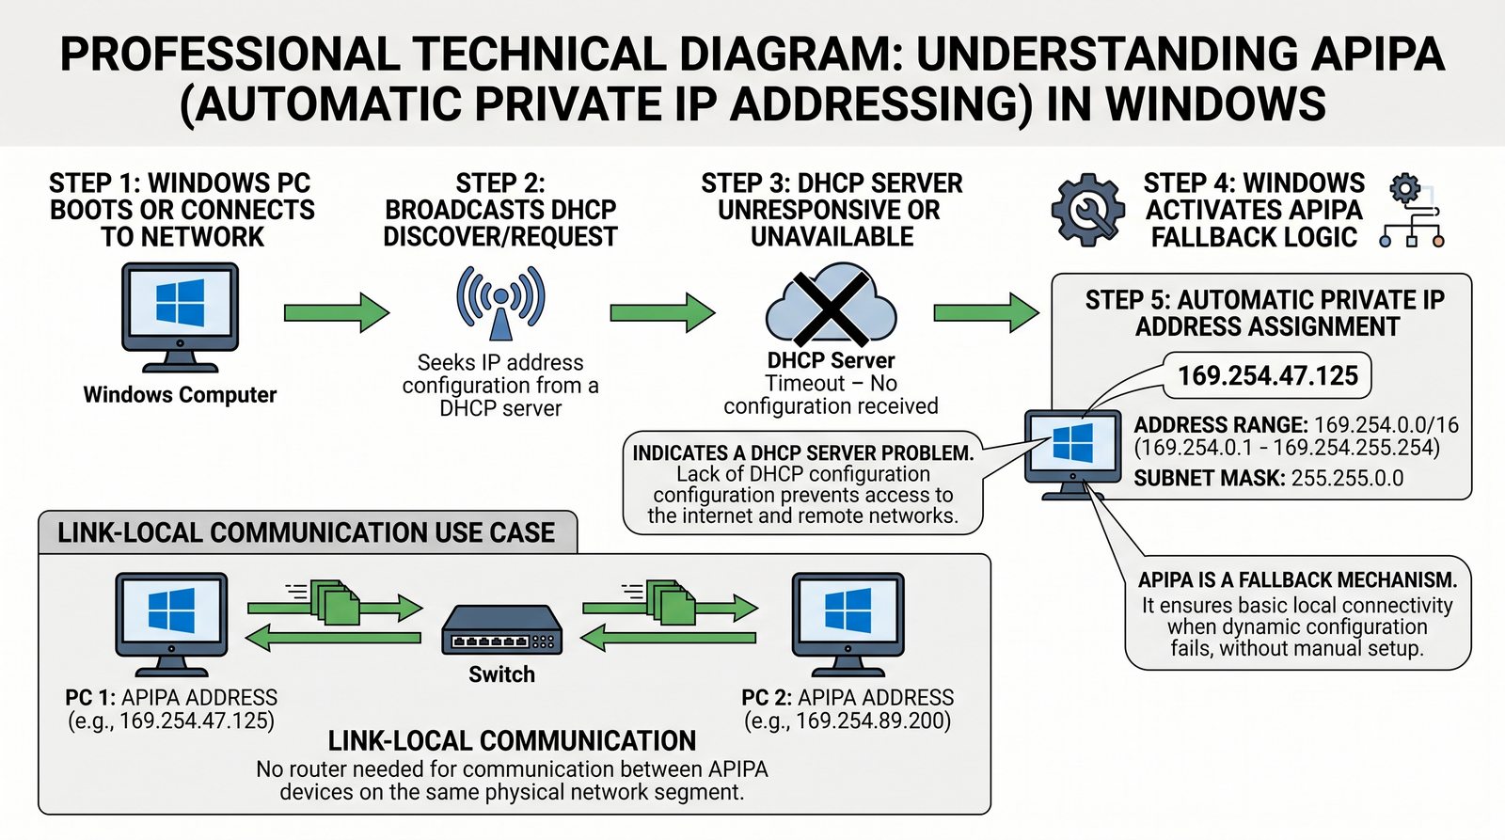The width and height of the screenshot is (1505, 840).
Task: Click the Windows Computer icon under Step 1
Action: click(180, 316)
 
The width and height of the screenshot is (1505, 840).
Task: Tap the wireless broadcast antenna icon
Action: click(500, 302)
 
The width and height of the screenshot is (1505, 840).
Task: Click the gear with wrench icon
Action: click(1087, 209)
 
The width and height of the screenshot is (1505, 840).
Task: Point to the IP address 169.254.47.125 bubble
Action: click(1267, 376)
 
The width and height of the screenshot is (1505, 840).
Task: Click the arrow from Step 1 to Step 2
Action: click(336, 312)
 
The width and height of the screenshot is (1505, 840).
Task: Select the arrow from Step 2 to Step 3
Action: click(661, 312)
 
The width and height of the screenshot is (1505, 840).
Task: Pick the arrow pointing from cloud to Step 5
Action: click(985, 312)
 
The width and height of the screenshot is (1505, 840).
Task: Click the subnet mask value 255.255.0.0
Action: click(1347, 479)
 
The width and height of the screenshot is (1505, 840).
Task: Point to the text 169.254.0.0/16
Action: click(1386, 425)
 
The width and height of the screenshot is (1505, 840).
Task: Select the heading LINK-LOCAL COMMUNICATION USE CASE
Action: click(306, 533)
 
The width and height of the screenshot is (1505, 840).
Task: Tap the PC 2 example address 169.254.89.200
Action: click(872, 721)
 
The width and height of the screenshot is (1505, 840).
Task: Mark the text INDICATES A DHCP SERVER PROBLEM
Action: click(802, 453)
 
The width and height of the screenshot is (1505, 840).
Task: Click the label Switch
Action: click(501, 674)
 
